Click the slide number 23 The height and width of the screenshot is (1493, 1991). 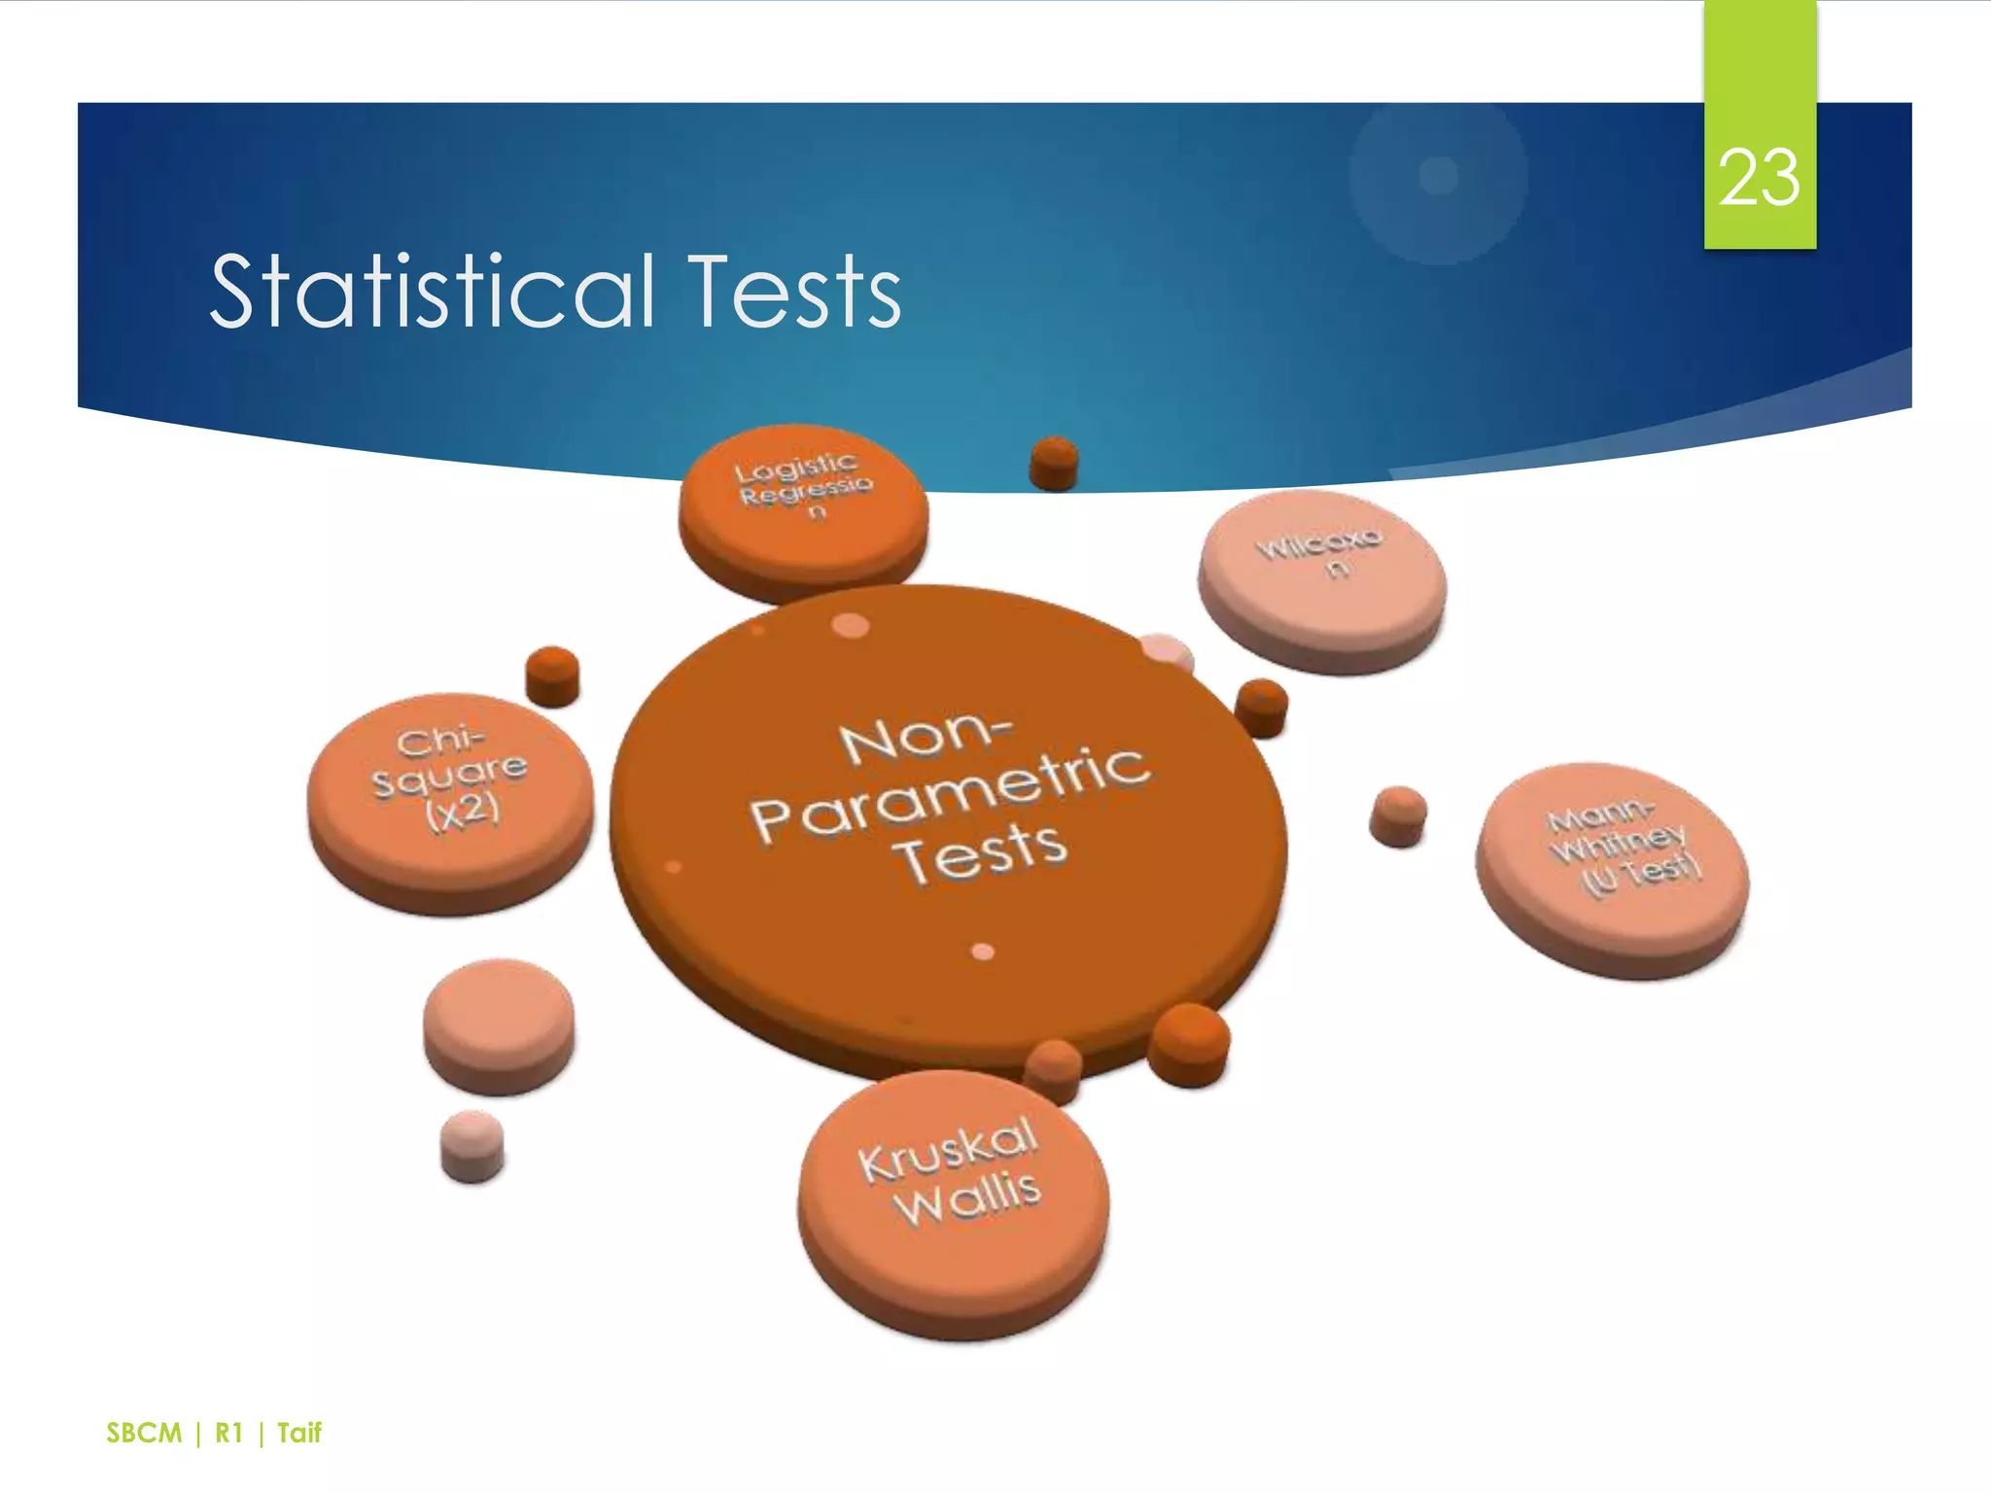point(1759,178)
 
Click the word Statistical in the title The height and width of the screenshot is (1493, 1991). point(432,291)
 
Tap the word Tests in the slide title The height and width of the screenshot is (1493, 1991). point(794,291)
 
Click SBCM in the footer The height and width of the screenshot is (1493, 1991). point(144,1433)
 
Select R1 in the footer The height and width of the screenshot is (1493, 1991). point(228,1433)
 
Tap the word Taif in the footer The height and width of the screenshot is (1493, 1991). point(298,1433)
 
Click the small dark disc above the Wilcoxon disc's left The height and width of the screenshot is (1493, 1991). point(1054,461)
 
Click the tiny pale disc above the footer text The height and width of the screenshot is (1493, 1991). point(472,1144)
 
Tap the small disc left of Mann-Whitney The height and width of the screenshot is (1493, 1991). point(1398,815)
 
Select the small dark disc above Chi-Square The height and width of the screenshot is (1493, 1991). point(552,674)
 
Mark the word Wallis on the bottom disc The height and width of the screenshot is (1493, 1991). point(968,1199)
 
